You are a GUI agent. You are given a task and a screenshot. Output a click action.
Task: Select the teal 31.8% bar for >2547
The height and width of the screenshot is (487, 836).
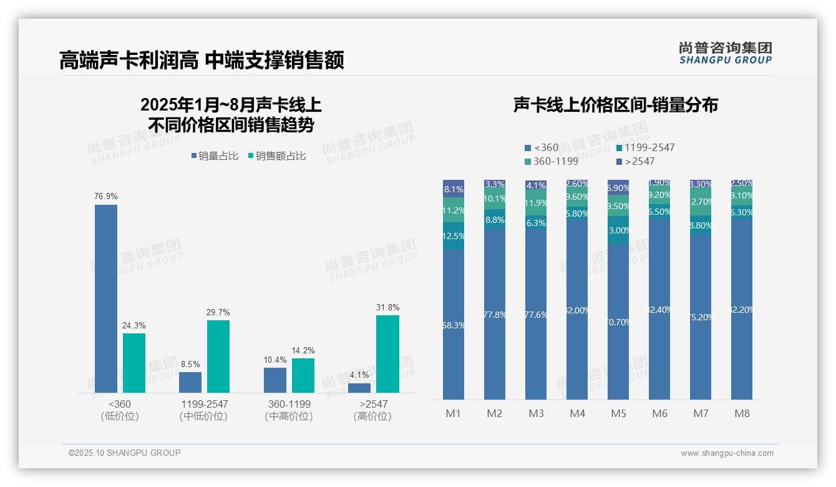pyautogui.click(x=387, y=353)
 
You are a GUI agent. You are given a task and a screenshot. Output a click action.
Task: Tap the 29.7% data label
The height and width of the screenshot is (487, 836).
pyautogui.click(x=218, y=312)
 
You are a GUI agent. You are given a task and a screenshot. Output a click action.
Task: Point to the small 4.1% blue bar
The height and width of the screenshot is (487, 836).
pyautogui.click(x=359, y=388)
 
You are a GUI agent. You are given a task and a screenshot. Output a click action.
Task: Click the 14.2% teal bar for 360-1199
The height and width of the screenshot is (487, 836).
pyautogui.click(x=303, y=375)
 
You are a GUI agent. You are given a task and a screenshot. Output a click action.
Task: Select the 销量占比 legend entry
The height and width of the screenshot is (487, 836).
pyautogui.click(x=215, y=156)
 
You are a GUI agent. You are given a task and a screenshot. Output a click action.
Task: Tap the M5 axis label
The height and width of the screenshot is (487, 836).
pyautogui.click(x=618, y=413)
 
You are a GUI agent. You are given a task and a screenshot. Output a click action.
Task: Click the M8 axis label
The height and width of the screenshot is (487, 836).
pyautogui.click(x=741, y=413)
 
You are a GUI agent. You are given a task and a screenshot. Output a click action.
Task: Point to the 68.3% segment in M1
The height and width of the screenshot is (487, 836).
pyautogui.click(x=454, y=325)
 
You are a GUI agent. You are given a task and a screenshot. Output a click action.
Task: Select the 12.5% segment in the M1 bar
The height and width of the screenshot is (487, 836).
pyautogui.click(x=454, y=236)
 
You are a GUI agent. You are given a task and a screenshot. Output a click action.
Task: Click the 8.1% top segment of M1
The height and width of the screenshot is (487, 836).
pyautogui.click(x=454, y=189)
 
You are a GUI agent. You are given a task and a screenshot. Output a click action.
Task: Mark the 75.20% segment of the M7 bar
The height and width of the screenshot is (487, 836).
pyautogui.click(x=701, y=317)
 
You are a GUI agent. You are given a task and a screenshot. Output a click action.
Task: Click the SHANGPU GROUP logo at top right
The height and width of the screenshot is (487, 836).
pyautogui.click(x=725, y=52)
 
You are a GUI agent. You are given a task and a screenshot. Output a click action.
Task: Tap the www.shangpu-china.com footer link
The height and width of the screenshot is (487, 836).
pyautogui.click(x=727, y=453)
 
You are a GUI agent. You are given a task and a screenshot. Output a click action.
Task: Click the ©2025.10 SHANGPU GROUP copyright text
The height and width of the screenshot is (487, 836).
pyautogui.click(x=125, y=453)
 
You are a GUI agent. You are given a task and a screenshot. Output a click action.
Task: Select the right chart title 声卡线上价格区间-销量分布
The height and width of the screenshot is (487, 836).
pyautogui.click(x=615, y=105)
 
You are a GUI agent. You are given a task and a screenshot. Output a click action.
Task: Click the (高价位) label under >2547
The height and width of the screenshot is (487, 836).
pyautogui.click(x=372, y=416)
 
